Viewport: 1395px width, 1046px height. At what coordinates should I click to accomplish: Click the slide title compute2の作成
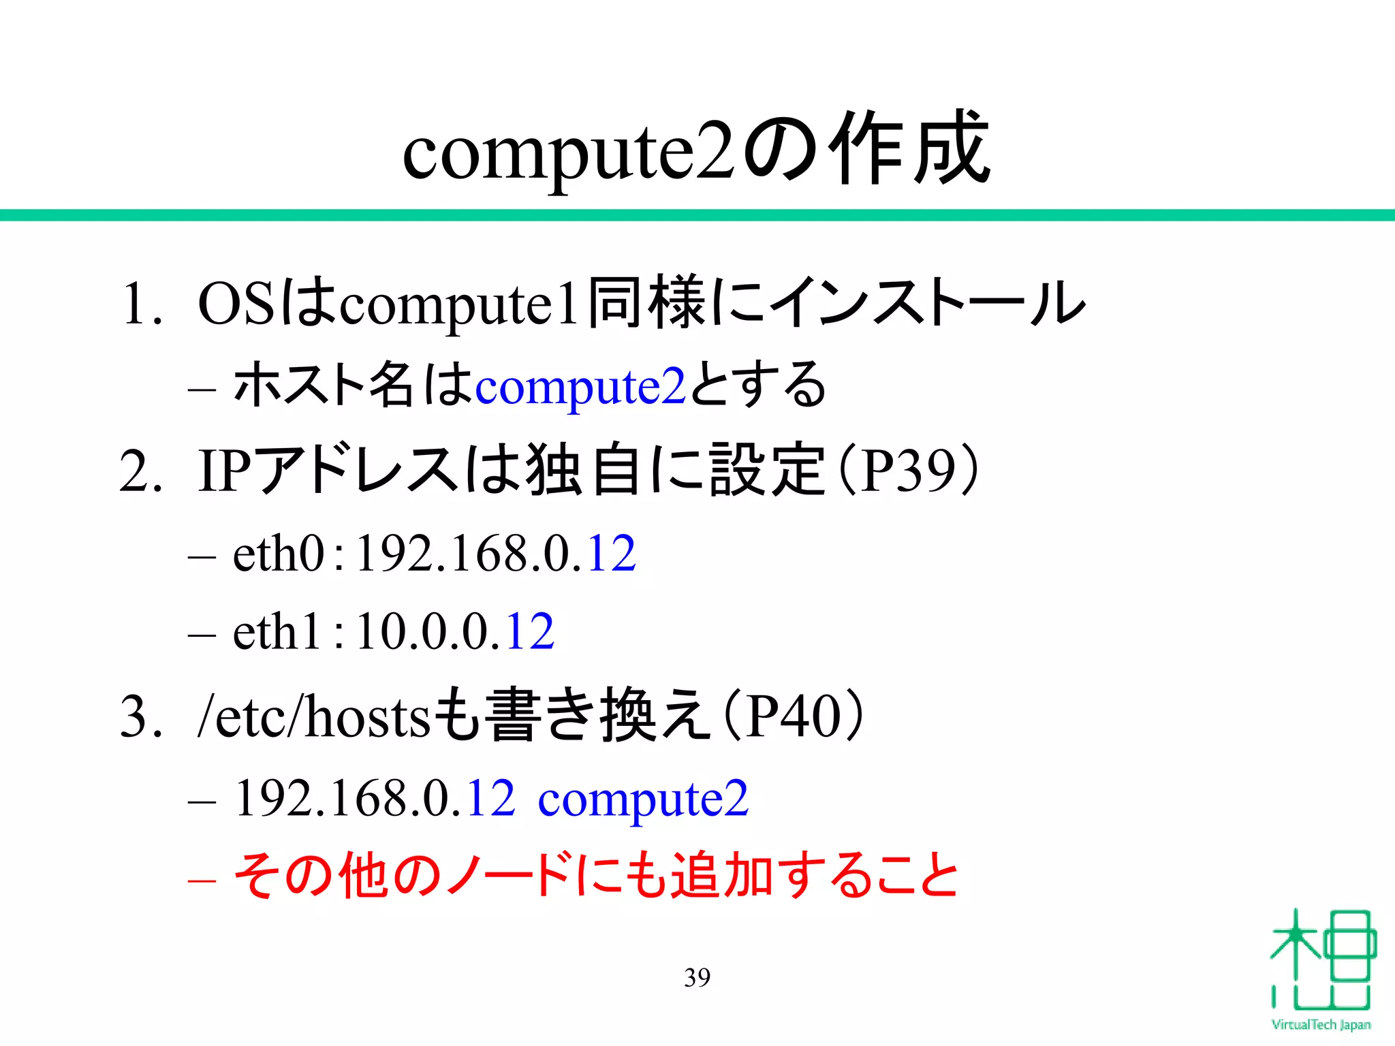[x=696, y=150]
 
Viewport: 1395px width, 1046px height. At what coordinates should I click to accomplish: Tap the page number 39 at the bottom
[x=697, y=977]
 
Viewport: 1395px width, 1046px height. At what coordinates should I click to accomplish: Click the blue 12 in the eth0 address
[x=611, y=553]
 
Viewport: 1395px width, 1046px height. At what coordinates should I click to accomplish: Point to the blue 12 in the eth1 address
[x=530, y=631]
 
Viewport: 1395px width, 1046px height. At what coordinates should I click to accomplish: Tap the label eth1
[x=276, y=631]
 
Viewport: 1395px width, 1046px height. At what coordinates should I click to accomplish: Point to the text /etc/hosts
[x=313, y=716]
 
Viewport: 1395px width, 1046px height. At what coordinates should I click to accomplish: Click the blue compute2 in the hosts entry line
[x=643, y=798]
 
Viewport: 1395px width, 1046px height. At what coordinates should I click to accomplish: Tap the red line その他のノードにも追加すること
[x=596, y=876]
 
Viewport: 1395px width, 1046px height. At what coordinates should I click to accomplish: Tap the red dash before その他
[x=202, y=880]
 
